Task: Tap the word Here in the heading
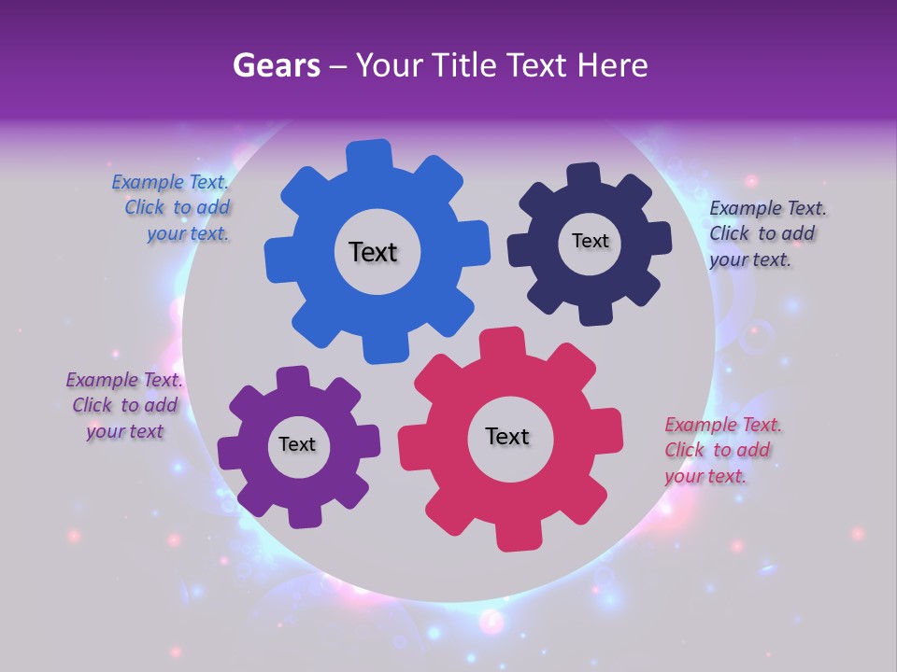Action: click(616, 65)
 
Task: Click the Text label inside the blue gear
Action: click(373, 252)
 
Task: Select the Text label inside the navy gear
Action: click(590, 241)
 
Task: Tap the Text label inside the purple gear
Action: click(297, 444)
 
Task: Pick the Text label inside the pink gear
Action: click(507, 436)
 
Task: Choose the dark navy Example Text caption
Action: click(766, 233)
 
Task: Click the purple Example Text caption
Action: click(124, 405)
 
